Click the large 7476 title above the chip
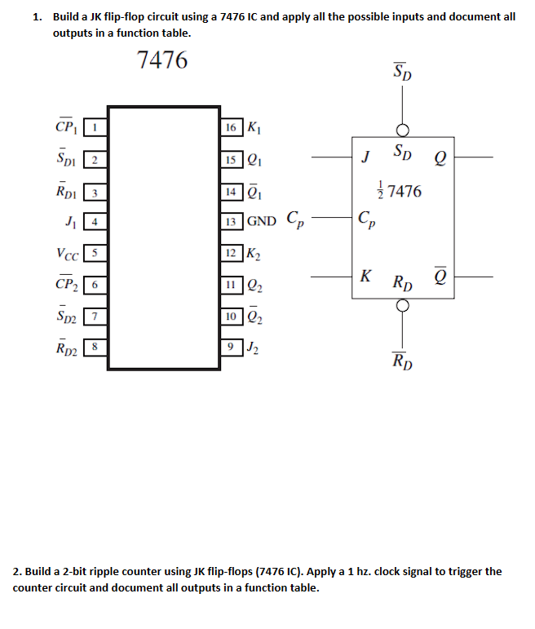[x=163, y=60]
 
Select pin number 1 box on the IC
[x=95, y=127]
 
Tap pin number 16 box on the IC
[x=232, y=127]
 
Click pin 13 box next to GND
[x=232, y=221]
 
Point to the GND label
[x=262, y=221]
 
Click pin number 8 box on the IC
[x=95, y=348]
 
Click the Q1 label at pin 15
[x=254, y=159]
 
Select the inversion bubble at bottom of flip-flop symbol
[x=402, y=306]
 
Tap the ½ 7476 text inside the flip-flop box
[x=402, y=192]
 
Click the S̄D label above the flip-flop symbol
[x=402, y=72]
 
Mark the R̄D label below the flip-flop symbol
[x=402, y=361]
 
